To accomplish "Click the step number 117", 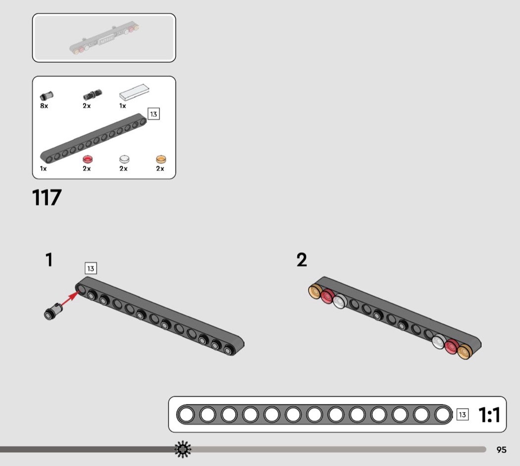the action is coord(47,198).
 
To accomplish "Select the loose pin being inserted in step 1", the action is coord(53,311).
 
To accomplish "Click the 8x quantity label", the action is coord(44,106).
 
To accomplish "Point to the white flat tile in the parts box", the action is coord(134,92).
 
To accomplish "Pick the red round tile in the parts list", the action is coord(88,159).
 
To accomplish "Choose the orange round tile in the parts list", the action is coord(161,159).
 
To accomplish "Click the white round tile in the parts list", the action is coord(124,159).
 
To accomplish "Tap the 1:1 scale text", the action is coord(489,415).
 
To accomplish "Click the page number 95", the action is coord(501,450).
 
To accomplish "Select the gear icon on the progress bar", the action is coord(183,449).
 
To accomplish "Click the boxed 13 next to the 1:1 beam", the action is coord(463,415).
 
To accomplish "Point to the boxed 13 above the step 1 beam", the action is coord(91,268).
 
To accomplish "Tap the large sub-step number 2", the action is coord(302,260).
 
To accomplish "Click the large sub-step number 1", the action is coord(49,260).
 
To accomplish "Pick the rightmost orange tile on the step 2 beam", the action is coord(465,352).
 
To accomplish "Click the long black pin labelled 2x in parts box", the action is coord(93,94).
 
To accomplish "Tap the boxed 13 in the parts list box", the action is coord(154,114).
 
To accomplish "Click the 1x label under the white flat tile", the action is coord(123,106).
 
